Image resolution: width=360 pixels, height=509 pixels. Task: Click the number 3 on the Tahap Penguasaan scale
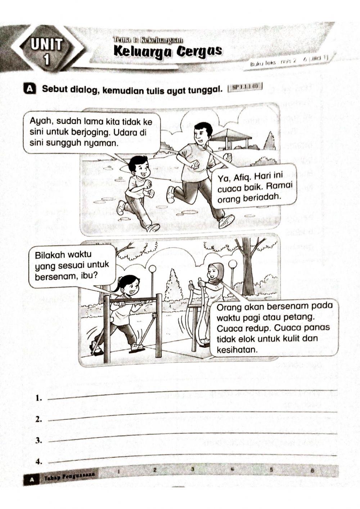[193, 469]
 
